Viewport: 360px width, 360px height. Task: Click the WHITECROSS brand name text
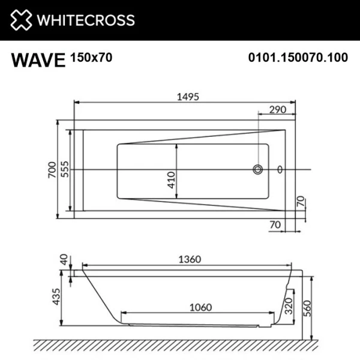click(86, 20)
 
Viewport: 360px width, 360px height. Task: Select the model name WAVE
click(37, 60)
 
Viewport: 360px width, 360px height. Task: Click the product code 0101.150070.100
click(298, 59)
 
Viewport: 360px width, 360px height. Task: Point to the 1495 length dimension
click(184, 96)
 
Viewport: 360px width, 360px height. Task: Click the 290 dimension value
click(277, 110)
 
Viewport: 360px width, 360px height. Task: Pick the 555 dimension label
click(65, 170)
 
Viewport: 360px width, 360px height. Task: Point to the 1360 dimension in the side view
click(188, 259)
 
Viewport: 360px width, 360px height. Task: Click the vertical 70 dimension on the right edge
click(301, 200)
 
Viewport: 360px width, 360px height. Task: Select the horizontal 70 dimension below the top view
click(275, 224)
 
